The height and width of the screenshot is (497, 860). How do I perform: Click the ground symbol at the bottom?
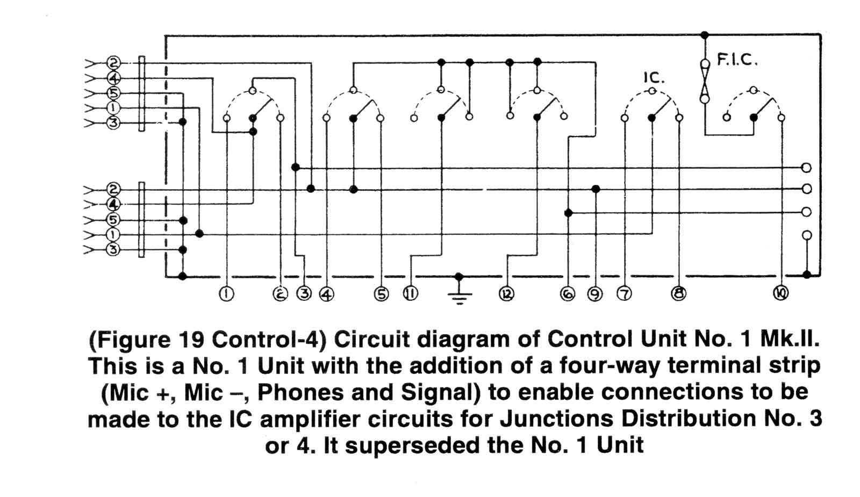coord(459,297)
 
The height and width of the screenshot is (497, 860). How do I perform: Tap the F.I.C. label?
coord(737,61)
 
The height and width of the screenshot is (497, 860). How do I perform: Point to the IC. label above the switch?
coord(654,78)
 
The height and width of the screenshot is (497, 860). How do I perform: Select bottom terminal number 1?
coord(226,294)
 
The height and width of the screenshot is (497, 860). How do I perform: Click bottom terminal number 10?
coord(780,293)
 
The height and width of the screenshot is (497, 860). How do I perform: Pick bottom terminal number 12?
coord(506,294)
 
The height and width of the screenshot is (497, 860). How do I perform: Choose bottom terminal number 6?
coord(568,294)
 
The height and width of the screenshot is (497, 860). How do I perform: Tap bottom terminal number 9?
coord(595,294)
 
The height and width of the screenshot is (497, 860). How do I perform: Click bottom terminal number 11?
coord(411,293)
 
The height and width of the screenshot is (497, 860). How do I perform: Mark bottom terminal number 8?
coord(678,293)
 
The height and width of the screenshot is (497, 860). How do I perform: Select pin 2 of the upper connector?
coord(113,63)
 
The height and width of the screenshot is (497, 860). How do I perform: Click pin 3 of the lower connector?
coord(113,249)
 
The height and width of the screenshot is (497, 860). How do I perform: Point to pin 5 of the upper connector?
coord(113,93)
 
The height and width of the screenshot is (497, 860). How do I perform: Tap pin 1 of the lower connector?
coord(113,234)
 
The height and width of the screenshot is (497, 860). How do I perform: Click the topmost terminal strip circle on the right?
coord(807,168)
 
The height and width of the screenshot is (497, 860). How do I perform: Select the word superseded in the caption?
coord(412,446)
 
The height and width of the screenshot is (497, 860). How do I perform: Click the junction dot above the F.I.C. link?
coord(705,35)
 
